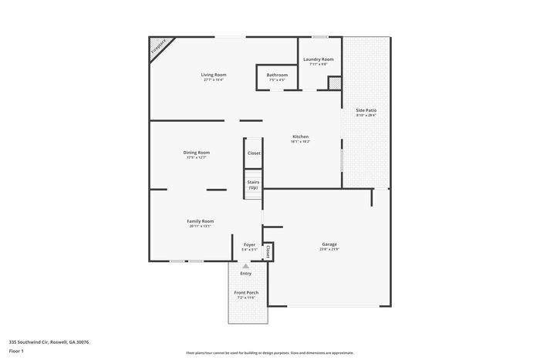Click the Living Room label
tap(214, 75)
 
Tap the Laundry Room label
tap(318, 59)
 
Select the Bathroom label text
tap(277, 75)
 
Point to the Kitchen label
tap(300, 136)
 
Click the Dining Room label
tap(196, 153)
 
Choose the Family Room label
tap(200, 221)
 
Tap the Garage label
tap(329, 244)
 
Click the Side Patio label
tap(366, 110)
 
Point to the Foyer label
tap(249, 244)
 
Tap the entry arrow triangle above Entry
tap(246, 266)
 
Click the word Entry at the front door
tap(246, 274)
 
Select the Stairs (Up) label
tap(253, 185)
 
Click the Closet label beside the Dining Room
tap(254, 153)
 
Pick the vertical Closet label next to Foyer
tap(268, 251)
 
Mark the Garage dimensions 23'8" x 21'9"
tap(329, 249)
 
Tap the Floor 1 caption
tap(16, 351)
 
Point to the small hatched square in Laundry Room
tap(334, 82)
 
